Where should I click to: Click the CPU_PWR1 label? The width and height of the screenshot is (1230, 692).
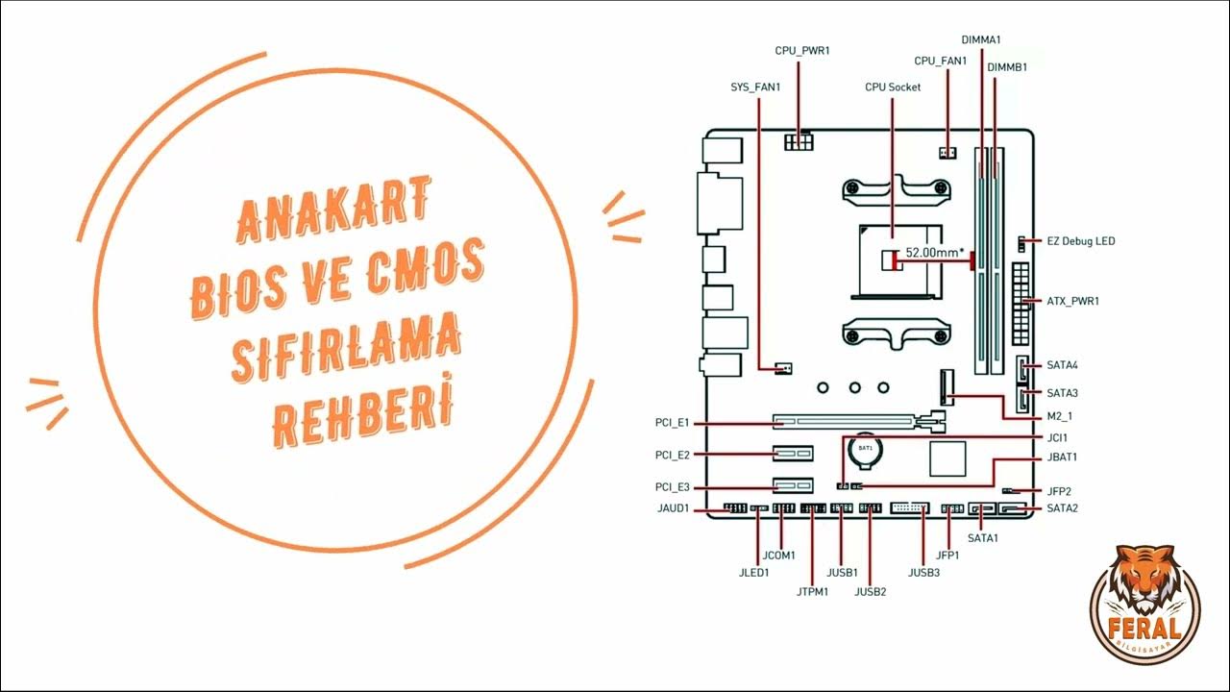(801, 49)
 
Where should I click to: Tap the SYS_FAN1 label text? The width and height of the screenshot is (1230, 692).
(755, 86)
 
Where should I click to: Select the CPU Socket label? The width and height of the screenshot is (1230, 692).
(893, 86)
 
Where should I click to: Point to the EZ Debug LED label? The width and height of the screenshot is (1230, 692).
(1081, 241)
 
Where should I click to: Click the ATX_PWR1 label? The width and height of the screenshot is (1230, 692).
(1072, 301)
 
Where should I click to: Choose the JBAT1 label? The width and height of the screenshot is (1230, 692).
(1062, 457)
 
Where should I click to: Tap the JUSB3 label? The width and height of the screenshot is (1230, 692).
(923, 573)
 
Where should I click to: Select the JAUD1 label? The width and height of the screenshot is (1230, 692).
(673, 508)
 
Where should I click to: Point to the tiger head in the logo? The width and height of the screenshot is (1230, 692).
(1144, 584)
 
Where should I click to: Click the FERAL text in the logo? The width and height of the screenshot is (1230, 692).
(1144, 630)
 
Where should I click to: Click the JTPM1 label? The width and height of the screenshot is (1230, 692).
(812, 591)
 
